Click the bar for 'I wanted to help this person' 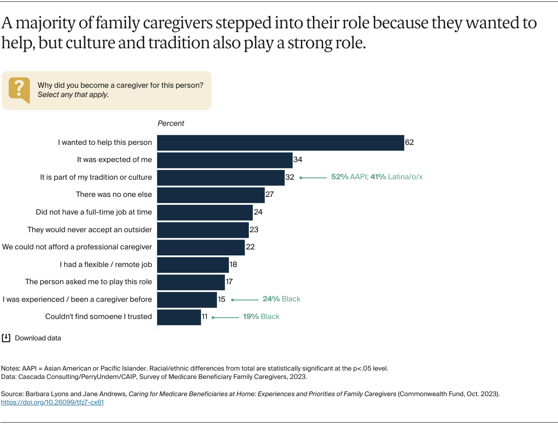tap(280, 143)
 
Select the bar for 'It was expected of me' tap(225, 160)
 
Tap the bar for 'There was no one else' tap(211, 195)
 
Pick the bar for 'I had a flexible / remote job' tap(193, 264)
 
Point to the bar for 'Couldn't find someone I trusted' tap(179, 317)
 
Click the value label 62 tap(409, 143)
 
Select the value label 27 tap(270, 195)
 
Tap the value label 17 tap(229, 282)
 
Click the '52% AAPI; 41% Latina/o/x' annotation tap(377, 177)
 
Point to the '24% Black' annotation tap(281, 299)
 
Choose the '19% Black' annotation tap(261, 317)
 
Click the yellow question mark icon tap(19, 90)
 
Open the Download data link tap(38, 338)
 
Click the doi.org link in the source tap(53, 403)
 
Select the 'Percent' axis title tap(171, 124)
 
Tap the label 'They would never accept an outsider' tap(90, 229)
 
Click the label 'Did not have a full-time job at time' tap(94, 212)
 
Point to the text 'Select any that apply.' tap(73, 95)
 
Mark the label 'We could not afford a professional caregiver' tap(77, 247)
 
